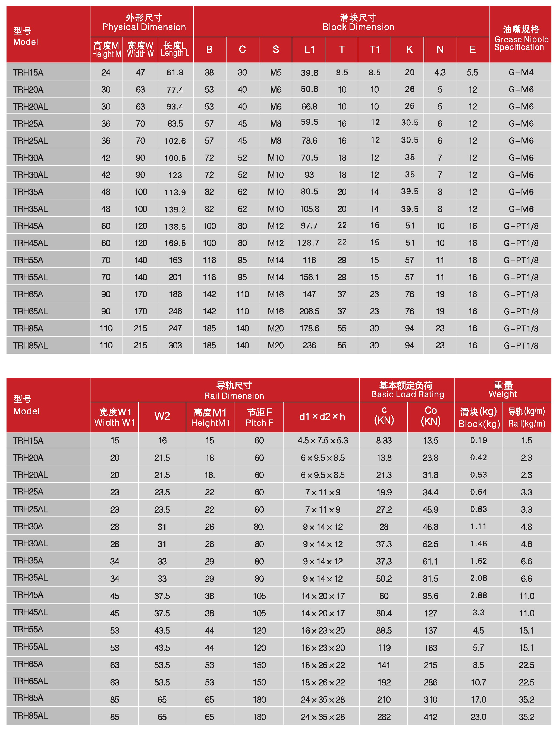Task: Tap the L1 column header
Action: tap(309, 49)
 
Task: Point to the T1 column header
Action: tap(375, 49)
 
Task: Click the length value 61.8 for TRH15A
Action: tap(175, 73)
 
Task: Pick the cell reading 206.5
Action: tap(309, 311)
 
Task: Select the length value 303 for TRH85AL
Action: tap(175, 345)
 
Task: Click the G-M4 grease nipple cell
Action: tap(521, 73)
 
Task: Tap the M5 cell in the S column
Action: tap(276, 73)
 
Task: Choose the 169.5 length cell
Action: tap(175, 243)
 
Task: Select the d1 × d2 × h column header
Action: tap(322, 416)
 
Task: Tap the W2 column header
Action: tap(162, 416)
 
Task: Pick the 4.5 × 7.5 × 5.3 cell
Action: tap(323, 440)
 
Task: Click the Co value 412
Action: tap(431, 717)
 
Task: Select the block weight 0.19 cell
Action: tap(479, 440)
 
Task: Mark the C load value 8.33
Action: tap(384, 440)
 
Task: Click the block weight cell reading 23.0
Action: tap(479, 717)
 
